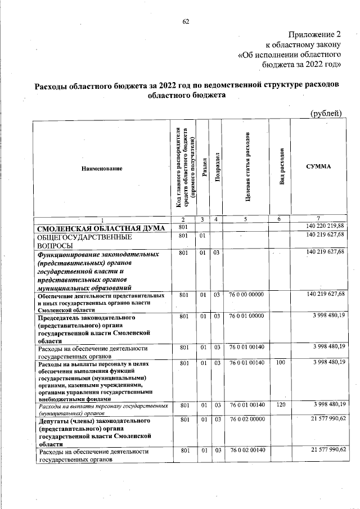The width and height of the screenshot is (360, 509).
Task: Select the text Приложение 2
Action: [x=316, y=35]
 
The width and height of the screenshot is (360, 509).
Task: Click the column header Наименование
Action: [x=102, y=168]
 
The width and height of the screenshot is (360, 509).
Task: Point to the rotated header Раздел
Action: [x=204, y=168]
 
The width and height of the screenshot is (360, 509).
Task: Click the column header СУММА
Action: [x=318, y=168]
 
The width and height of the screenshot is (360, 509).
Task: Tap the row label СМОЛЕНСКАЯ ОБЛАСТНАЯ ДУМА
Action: [x=101, y=228]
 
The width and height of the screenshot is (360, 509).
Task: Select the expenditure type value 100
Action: [x=280, y=363]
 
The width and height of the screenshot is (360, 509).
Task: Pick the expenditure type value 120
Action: [x=280, y=405]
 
